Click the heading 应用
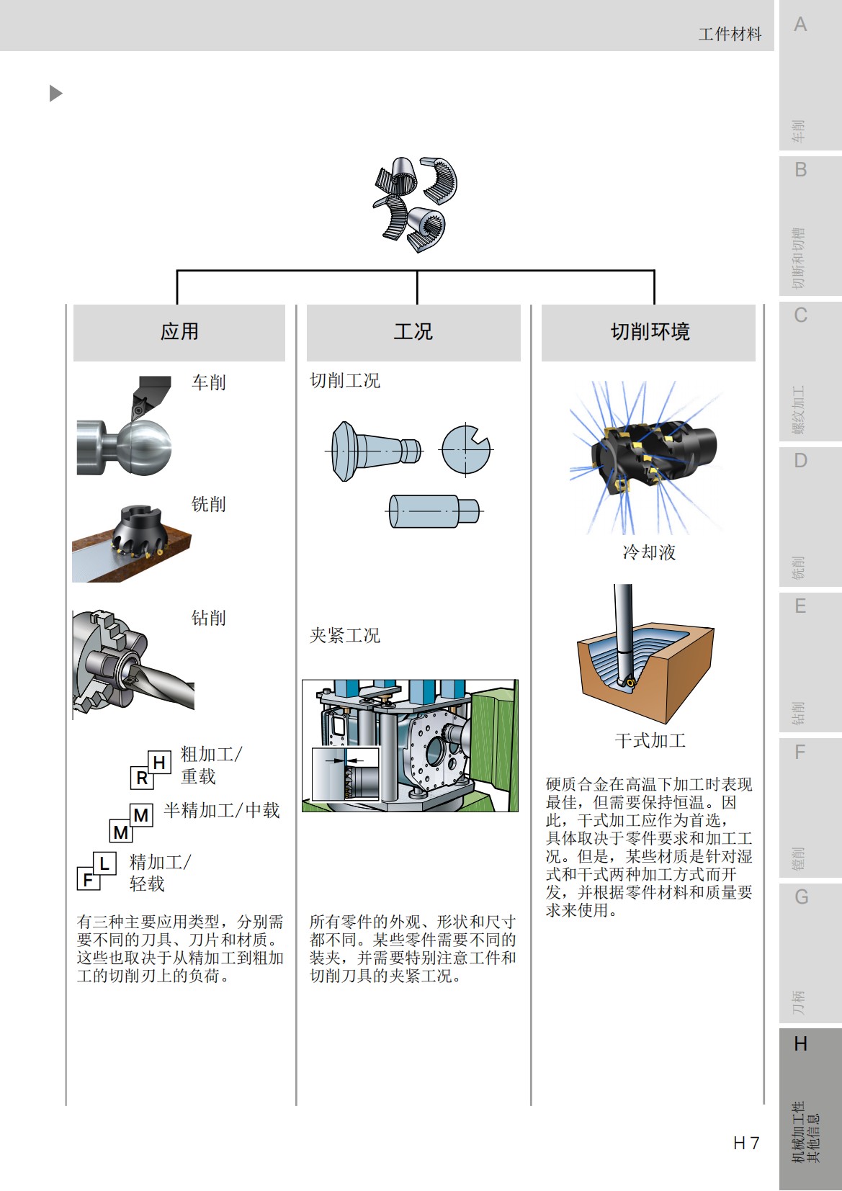point(179,332)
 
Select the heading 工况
point(413,332)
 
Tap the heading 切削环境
point(650,332)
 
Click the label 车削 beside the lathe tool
point(209,382)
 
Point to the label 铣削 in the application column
point(209,504)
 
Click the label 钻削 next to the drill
point(209,618)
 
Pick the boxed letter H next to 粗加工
point(160,762)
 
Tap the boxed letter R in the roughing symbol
point(142,778)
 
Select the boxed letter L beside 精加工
point(104,863)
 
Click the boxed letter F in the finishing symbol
point(88,880)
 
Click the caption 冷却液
point(649,552)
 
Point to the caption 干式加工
point(650,740)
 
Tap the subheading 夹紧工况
point(344,636)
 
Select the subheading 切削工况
point(344,381)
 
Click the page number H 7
point(745,1143)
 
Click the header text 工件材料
point(729,34)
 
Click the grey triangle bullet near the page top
point(55,93)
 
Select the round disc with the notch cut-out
point(465,449)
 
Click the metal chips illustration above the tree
point(416,203)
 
